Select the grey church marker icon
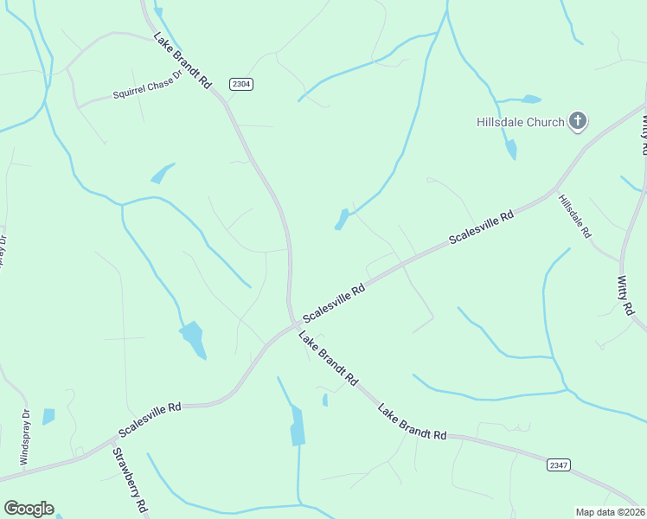(578, 121)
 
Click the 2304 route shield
(241, 84)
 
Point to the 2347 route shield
(559, 465)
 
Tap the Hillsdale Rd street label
(574, 216)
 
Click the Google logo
(29, 509)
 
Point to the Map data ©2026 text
(609, 511)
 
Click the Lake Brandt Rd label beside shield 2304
(183, 61)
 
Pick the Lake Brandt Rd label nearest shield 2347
(412, 421)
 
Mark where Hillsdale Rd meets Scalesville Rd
(555, 189)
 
